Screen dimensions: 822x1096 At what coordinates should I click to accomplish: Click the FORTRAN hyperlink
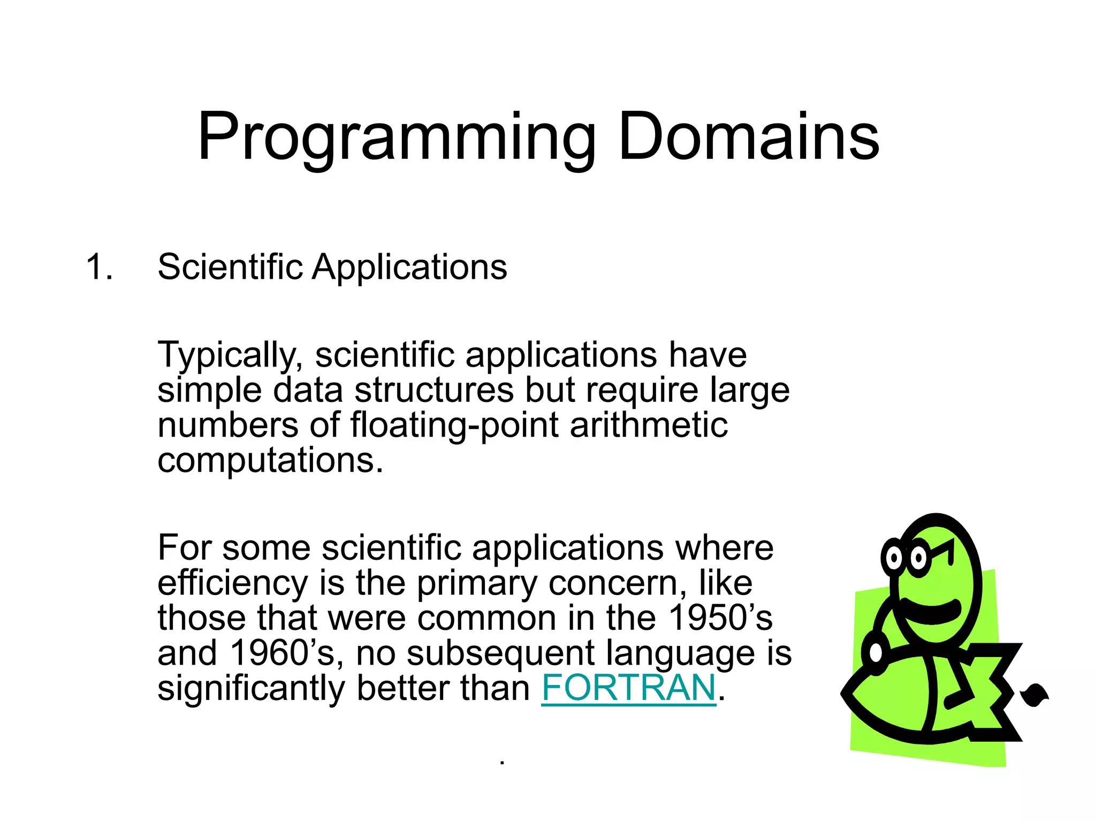(x=628, y=688)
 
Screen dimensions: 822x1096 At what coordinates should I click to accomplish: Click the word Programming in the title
(x=396, y=138)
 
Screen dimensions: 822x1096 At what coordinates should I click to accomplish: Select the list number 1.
(x=99, y=267)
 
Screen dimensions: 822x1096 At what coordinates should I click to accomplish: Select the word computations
(x=270, y=461)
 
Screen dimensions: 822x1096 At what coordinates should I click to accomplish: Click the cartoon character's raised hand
(x=876, y=652)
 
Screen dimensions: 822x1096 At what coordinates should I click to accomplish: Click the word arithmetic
(x=649, y=425)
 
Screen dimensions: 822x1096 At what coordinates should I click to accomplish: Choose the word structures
(x=434, y=390)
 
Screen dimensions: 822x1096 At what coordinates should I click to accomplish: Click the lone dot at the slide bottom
(x=501, y=763)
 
